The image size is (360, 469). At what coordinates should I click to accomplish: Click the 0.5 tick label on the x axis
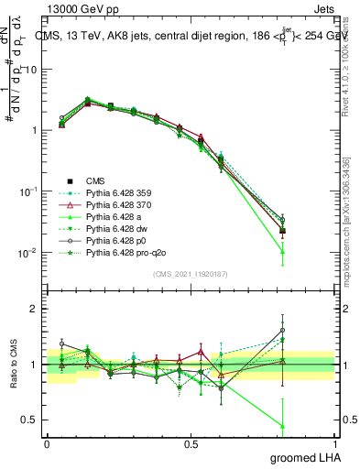pos(191,444)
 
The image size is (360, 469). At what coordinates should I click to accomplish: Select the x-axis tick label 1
pos(334,444)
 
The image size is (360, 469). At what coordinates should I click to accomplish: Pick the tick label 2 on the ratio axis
pos(34,309)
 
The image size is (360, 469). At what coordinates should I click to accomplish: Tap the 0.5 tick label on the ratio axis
pos(30,420)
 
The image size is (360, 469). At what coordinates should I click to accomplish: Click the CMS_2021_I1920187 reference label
pos(190,274)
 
